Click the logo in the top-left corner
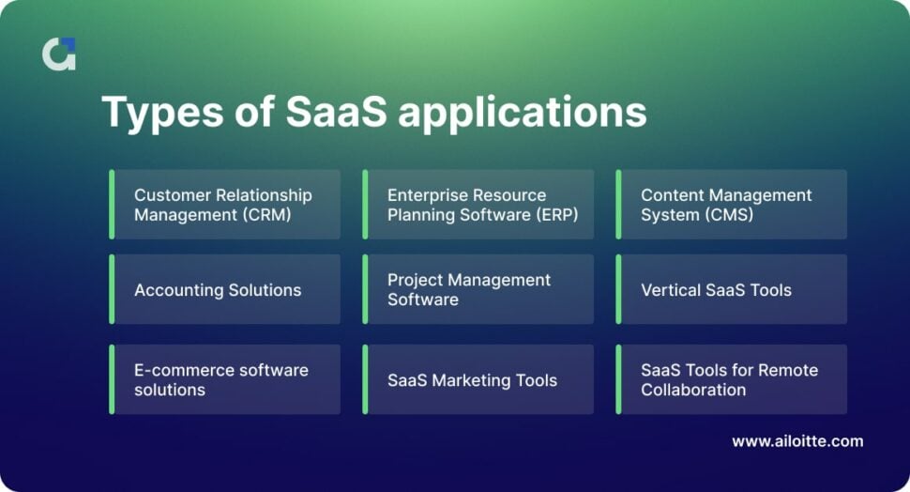(59, 54)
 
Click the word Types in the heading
(153, 113)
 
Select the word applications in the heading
(523, 113)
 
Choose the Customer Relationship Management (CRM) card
(225, 205)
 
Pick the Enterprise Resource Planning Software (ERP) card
(478, 205)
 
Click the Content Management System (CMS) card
(732, 205)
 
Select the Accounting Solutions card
(225, 290)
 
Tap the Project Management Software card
(478, 290)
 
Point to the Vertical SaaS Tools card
(732, 290)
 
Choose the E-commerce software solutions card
(225, 379)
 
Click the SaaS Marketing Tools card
(478, 380)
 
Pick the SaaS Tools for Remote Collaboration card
(732, 379)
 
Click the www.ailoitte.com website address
(797, 440)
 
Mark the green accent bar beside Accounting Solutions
(112, 290)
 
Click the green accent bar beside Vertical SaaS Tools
(618, 290)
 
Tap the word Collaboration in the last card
(693, 390)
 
